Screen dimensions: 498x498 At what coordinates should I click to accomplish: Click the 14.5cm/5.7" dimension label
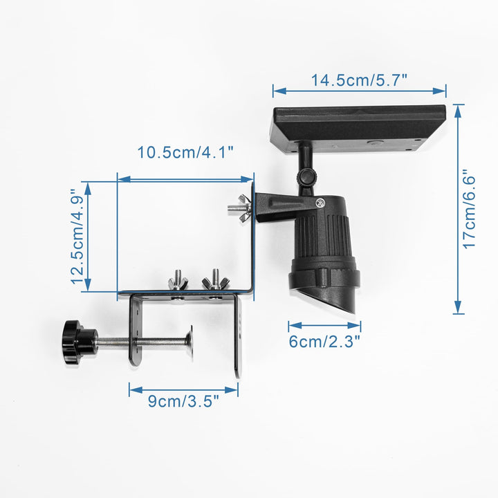tap(359, 80)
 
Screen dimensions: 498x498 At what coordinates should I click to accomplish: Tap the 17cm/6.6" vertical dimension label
tap(469, 210)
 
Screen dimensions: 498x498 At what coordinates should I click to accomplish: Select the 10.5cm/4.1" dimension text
tap(185, 152)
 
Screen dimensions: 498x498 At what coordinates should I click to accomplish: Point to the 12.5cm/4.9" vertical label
tap(77, 237)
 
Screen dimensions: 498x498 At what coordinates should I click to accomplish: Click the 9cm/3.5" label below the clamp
tap(183, 400)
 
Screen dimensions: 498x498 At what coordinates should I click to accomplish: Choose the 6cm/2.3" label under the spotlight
tap(324, 342)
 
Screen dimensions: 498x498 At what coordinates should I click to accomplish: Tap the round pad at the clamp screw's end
tap(190, 342)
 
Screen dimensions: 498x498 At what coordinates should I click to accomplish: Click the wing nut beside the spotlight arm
tap(240, 208)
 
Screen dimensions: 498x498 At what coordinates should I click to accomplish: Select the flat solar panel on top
tap(358, 129)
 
